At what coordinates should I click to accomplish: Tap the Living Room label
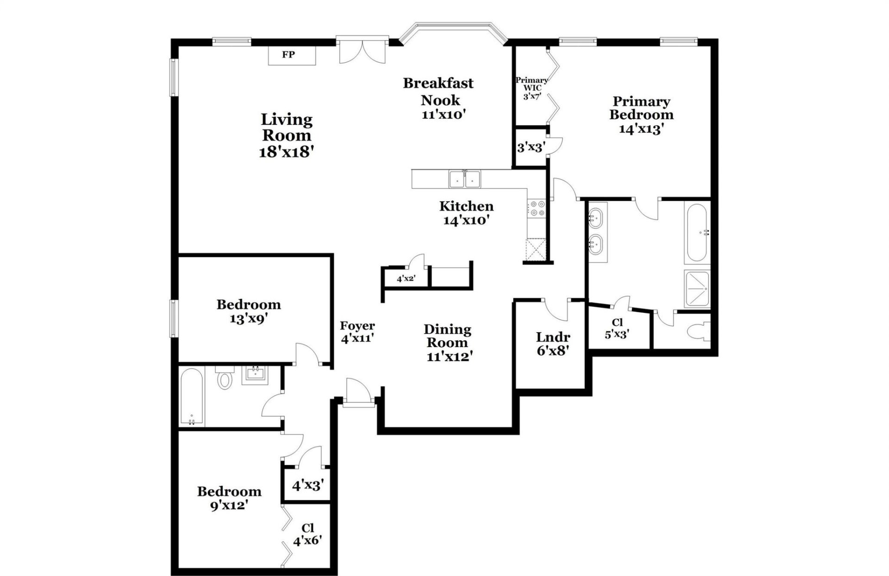(x=287, y=127)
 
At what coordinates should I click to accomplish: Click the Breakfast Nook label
(x=438, y=91)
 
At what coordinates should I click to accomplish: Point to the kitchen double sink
(x=464, y=179)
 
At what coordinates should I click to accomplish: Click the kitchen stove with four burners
(x=538, y=208)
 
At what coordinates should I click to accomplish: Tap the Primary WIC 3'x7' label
(x=532, y=89)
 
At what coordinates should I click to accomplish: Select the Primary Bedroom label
(x=641, y=108)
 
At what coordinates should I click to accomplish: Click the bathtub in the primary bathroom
(x=697, y=234)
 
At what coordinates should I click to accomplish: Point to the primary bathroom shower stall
(x=697, y=289)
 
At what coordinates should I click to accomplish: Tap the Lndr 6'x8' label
(x=553, y=343)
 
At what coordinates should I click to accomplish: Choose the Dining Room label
(x=447, y=336)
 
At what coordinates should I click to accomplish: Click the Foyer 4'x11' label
(x=357, y=332)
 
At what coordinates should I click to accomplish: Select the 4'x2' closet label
(x=406, y=279)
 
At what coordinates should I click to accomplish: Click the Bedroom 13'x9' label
(x=249, y=311)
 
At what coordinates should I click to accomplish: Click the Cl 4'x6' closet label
(x=307, y=534)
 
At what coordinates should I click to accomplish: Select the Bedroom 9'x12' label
(x=229, y=498)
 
